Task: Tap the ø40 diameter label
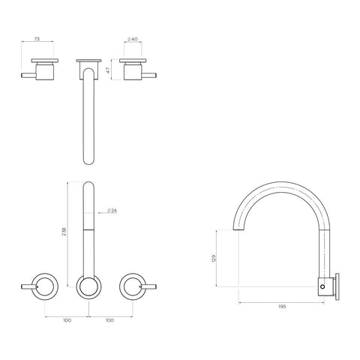click(133, 39)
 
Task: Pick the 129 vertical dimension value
click(211, 259)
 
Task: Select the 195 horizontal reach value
click(282, 307)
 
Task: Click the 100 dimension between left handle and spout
click(67, 319)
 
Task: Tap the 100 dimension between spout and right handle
click(111, 319)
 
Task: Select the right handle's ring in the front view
click(132, 285)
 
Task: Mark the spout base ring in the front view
click(89, 285)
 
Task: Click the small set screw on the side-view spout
click(324, 285)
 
